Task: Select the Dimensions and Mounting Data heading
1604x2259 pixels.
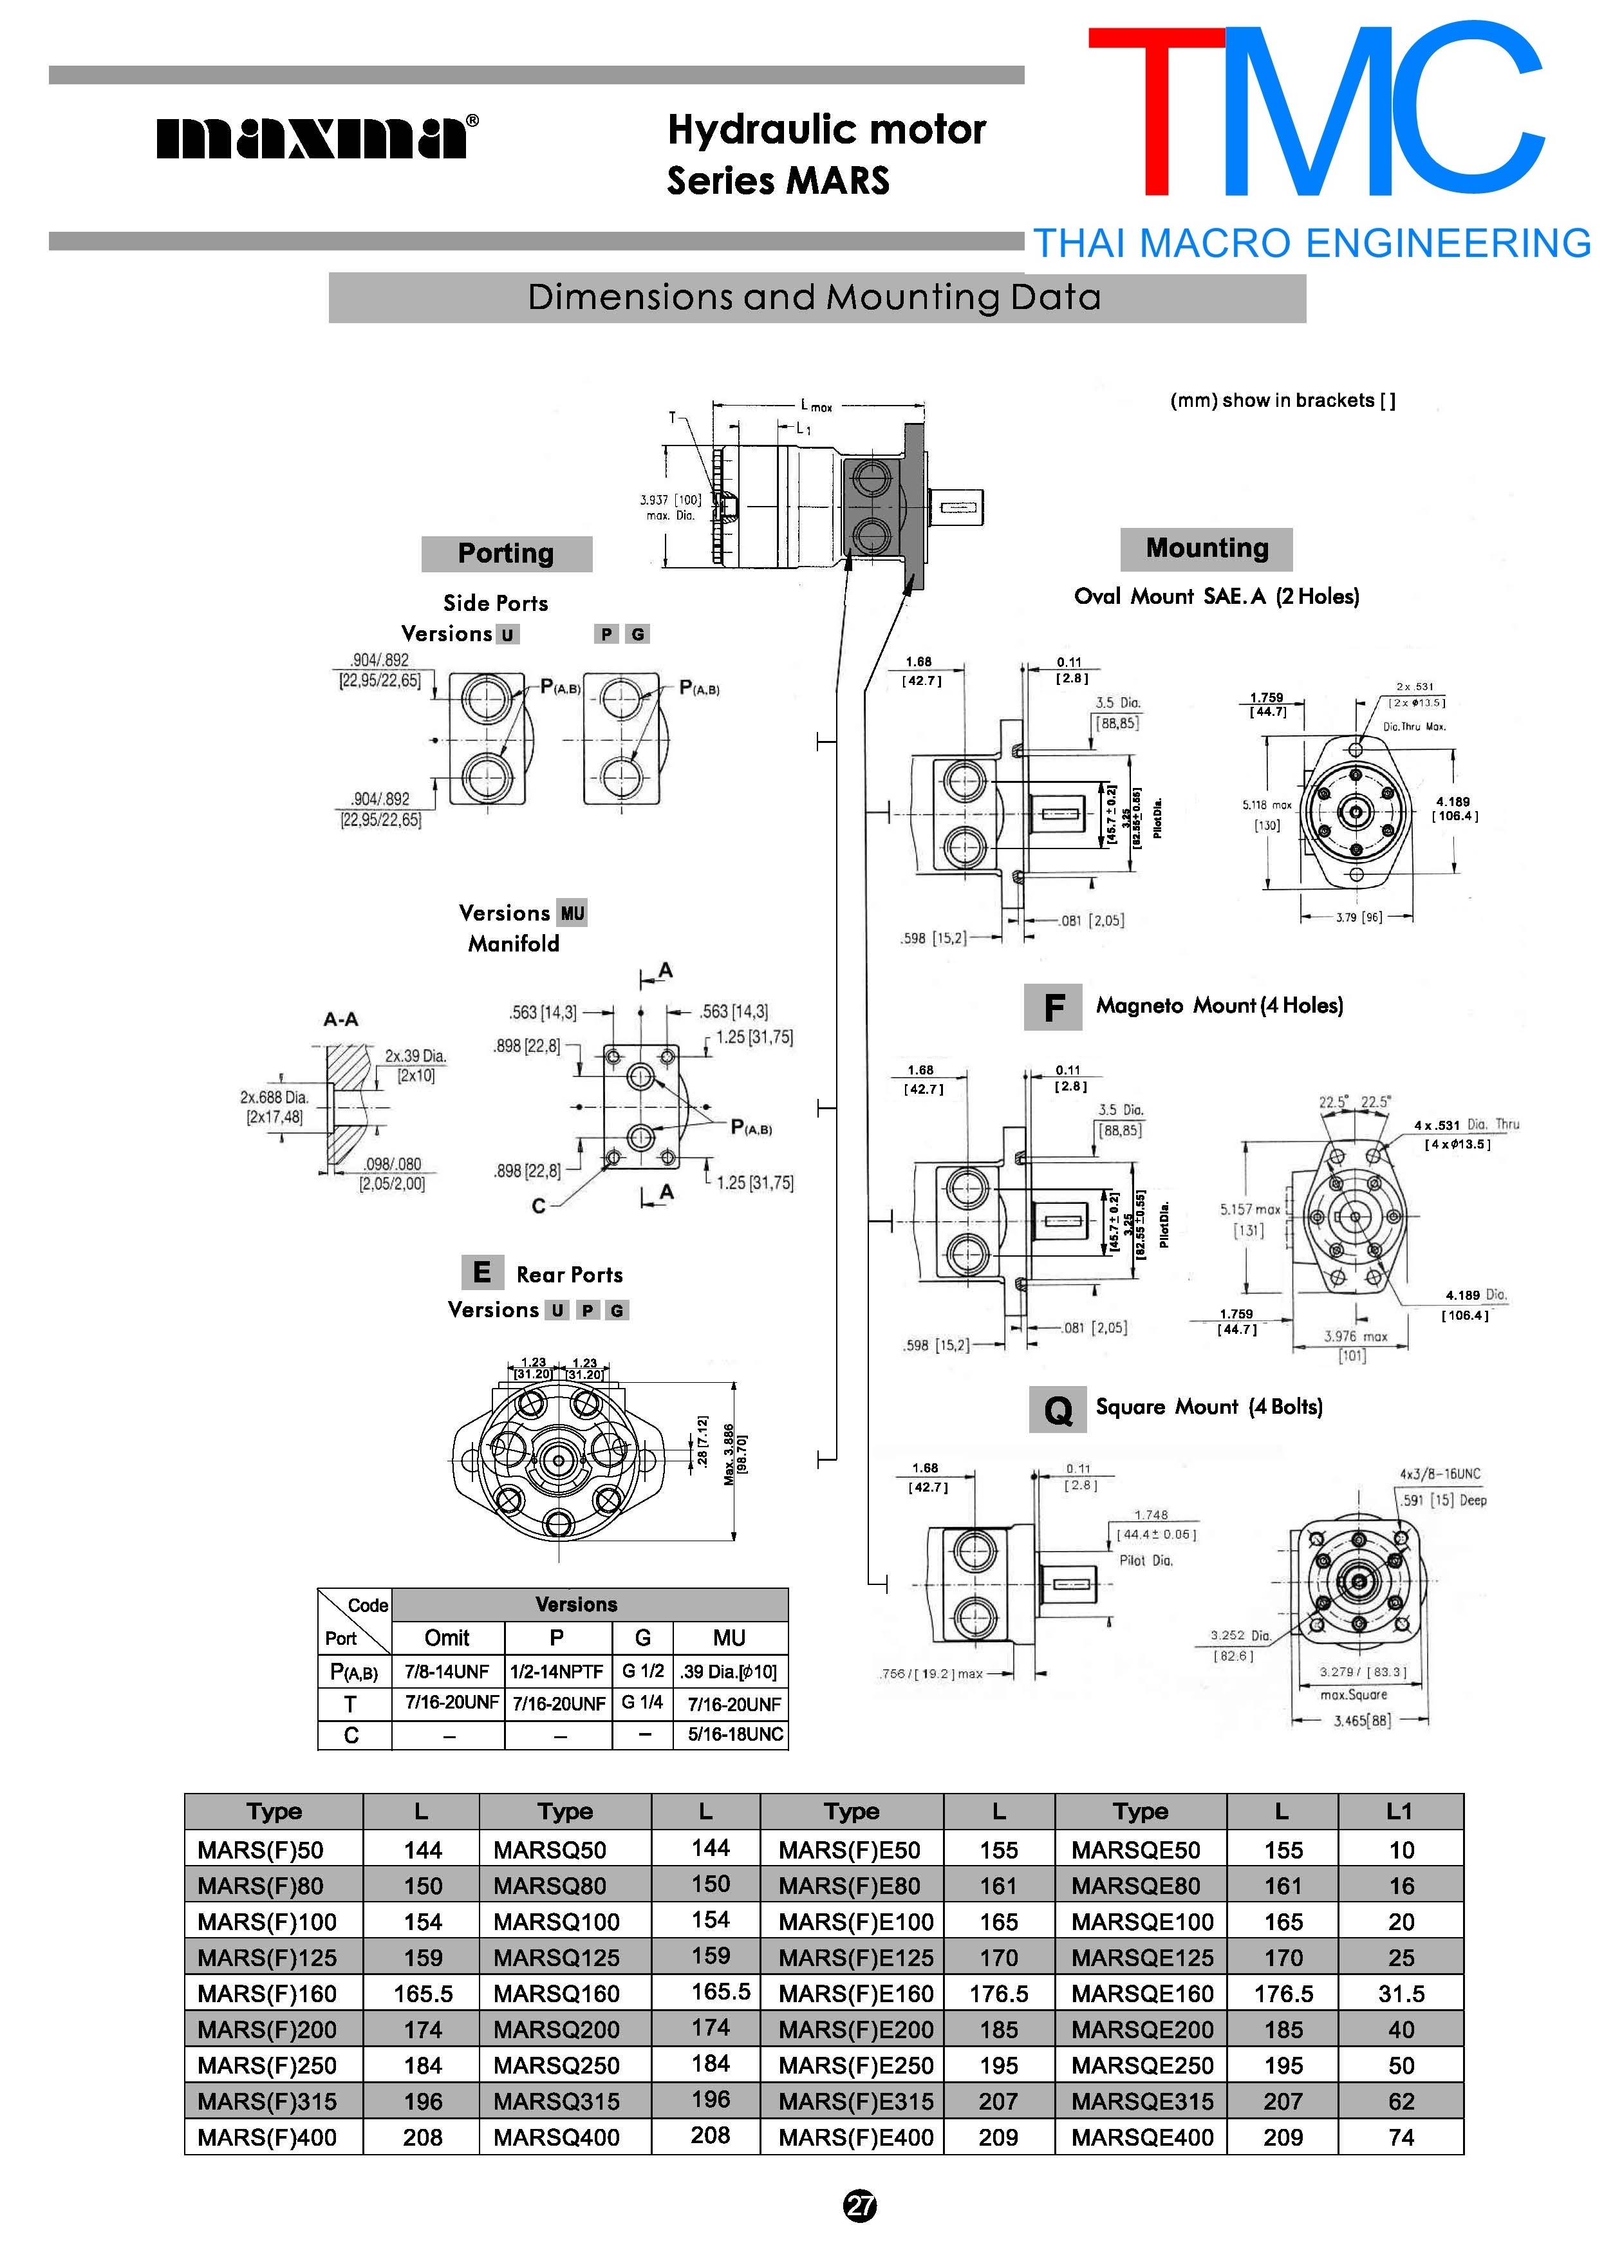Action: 815,297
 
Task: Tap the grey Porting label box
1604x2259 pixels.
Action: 506,553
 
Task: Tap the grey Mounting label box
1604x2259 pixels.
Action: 1206,548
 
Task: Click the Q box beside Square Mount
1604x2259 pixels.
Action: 1057,1409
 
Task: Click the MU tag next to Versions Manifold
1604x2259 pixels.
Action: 572,914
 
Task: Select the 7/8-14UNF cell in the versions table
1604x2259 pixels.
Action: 447,1671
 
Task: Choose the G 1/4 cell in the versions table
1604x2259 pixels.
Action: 642,1703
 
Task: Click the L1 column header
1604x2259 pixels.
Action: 1399,1810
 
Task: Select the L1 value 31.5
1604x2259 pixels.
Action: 1401,1993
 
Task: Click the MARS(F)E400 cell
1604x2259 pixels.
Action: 855,2137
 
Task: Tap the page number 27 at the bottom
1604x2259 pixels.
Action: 859,2206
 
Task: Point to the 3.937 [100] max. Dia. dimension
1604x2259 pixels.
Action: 671,507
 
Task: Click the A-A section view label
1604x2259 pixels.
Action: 340,1018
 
